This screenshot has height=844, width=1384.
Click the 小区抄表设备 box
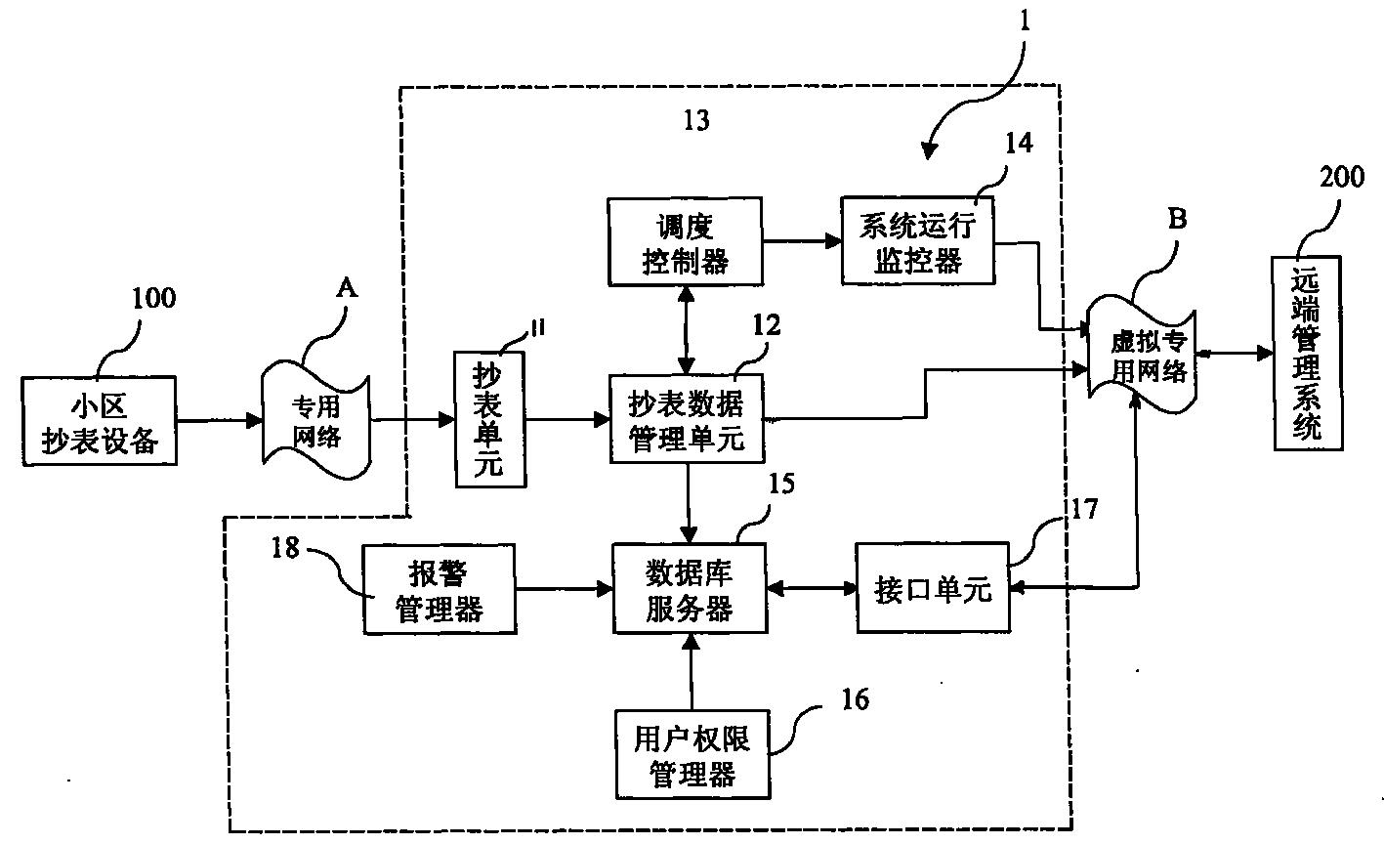click(100, 422)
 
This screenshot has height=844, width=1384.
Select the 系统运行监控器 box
click(917, 242)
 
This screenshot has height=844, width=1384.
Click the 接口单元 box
click(932, 589)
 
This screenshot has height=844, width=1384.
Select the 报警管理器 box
click(438, 589)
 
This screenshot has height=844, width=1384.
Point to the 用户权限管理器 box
click(692, 754)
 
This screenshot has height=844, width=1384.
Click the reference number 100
click(154, 296)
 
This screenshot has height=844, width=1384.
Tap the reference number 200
click(1341, 178)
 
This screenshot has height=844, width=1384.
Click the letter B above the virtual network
click(1177, 219)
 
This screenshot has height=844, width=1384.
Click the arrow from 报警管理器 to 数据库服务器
click(563, 589)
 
